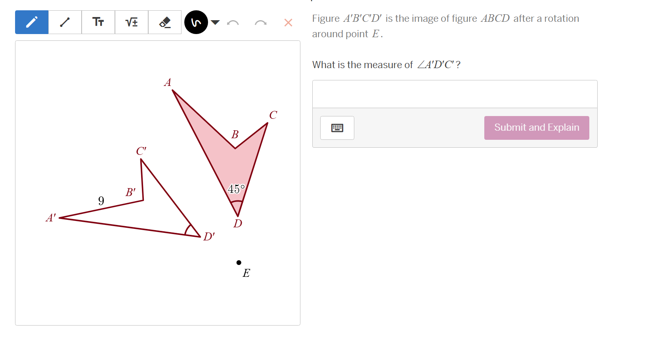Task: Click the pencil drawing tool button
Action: (32, 22)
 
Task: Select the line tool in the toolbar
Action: (65, 22)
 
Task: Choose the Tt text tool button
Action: (98, 22)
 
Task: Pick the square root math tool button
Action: (132, 22)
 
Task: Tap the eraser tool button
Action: (165, 22)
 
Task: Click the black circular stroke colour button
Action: (196, 22)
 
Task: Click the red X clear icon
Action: (288, 23)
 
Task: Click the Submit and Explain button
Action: (536, 128)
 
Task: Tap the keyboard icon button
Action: (337, 128)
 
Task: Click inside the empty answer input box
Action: (454, 94)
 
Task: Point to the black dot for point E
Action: (239, 263)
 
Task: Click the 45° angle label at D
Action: (236, 189)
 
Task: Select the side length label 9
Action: (101, 201)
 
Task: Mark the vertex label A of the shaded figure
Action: (168, 82)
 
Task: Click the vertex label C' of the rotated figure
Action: (141, 151)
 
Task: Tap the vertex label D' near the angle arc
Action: (209, 236)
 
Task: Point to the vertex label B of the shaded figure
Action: (235, 135)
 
